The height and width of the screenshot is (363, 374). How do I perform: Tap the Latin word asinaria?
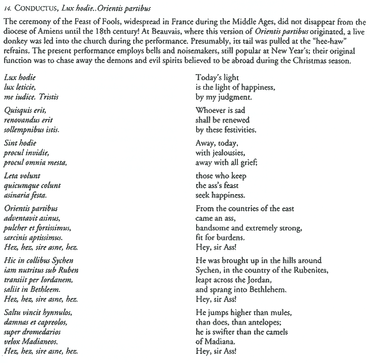pos(18,195)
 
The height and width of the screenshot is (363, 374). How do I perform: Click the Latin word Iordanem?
pos(60,279)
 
